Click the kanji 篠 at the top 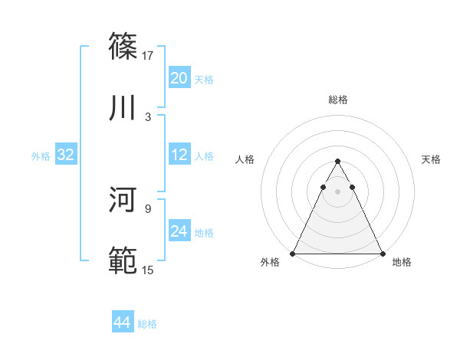point(123,47)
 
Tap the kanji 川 point(123,108)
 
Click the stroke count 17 point(149,55)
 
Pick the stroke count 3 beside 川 point(148,116)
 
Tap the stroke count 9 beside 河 point(148,208)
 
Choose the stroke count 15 point(149,270)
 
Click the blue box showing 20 point(179,78)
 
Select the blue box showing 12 point(179,155)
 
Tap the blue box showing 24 point(179,231)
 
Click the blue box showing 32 point(66,155)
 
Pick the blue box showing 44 point(123,323)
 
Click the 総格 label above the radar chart point(338,100)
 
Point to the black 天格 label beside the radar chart point(432,159)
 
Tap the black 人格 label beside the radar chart point(245,159)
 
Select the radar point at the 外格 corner point(293,253)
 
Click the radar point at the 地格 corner point(382,253)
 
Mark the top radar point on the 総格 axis point(337,162)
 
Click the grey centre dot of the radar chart point(337,191)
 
